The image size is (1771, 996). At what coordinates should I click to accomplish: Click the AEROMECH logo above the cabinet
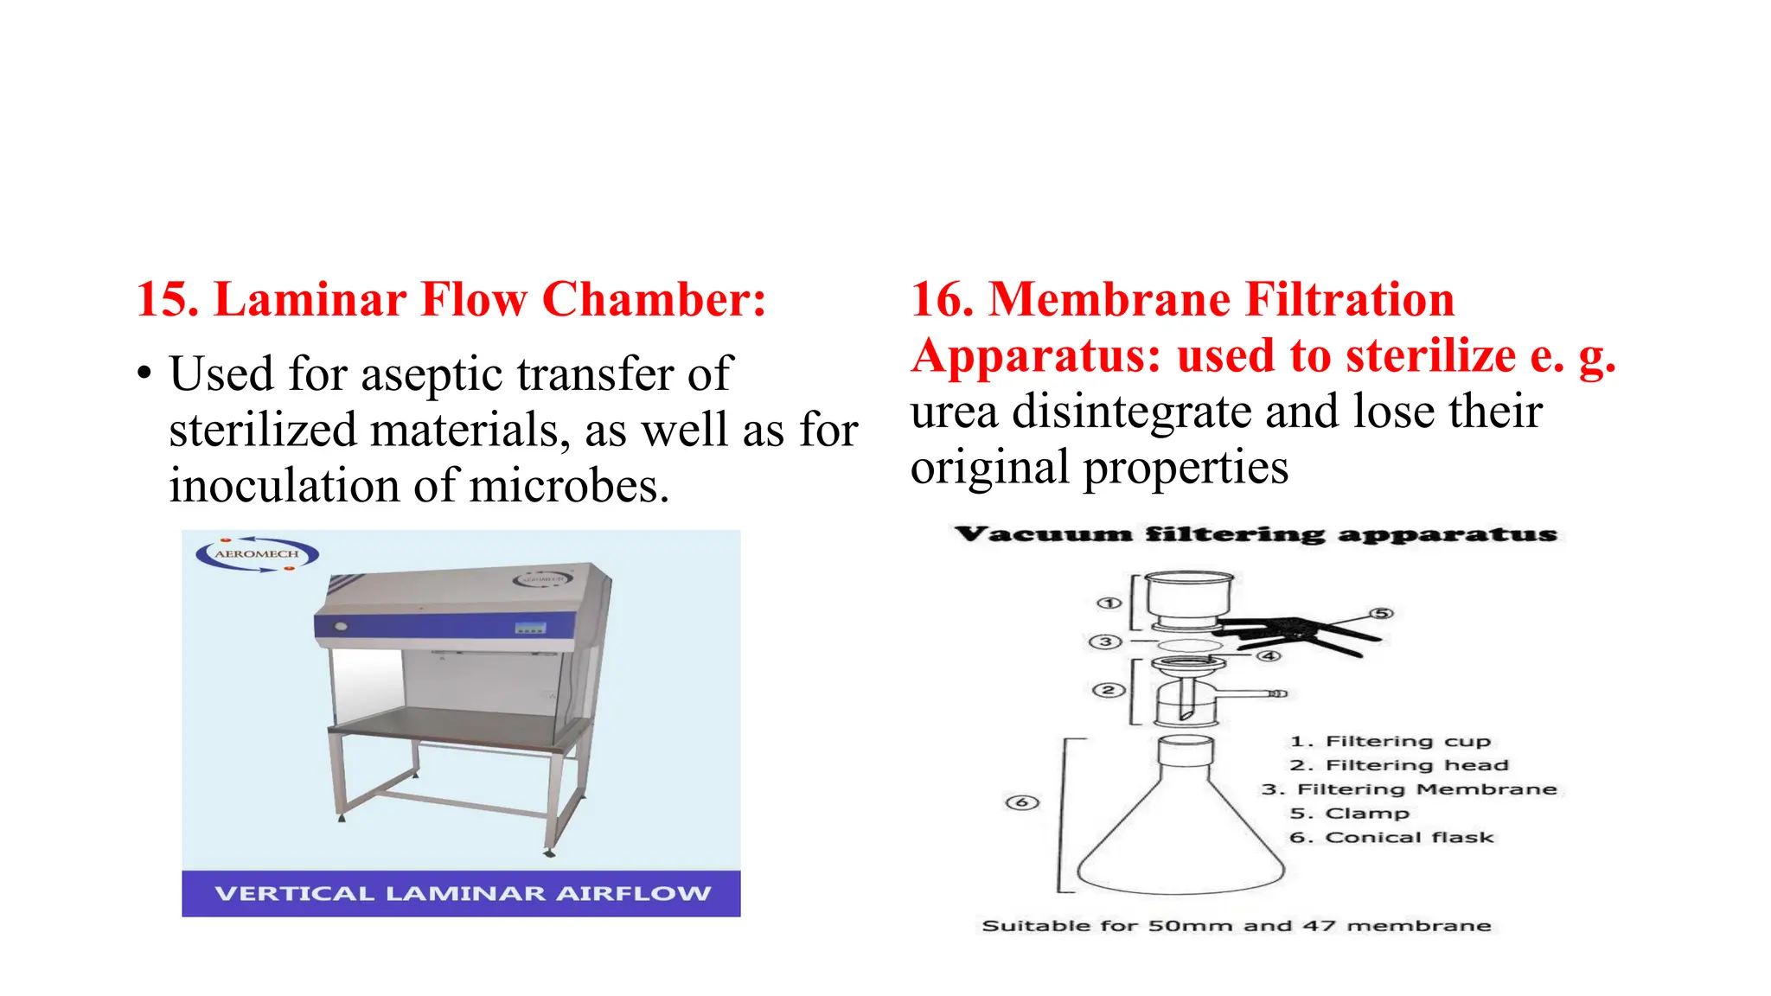(x=257, y=554)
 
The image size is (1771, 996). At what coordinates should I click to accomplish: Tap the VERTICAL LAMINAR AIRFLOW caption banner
(x=462, y=893)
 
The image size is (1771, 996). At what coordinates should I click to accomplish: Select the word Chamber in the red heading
(x=653, y=300)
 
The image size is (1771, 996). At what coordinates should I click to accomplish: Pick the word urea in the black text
(x=954, y=412)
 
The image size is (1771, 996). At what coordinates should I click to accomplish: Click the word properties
(x=1186, y=469)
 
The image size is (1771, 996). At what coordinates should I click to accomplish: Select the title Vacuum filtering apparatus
(x=1256, y=534)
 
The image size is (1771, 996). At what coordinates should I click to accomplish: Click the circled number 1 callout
(x=1109, y=603)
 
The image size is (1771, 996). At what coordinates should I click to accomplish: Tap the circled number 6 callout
(x=1021, y=802)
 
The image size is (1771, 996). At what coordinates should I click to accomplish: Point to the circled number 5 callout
(x=1382, y=613)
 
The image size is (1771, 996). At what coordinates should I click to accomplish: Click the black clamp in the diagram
(x=1288, y=635)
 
